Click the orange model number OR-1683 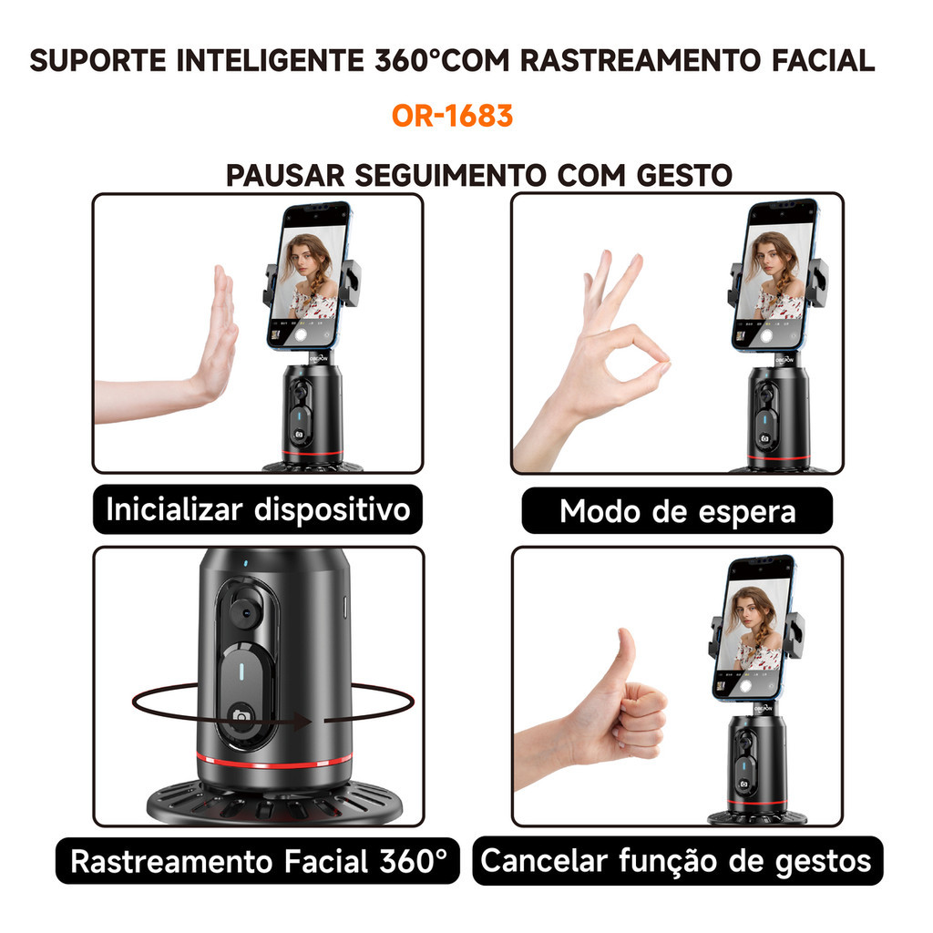[452, 116]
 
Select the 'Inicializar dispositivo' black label [258, 510]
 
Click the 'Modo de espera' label [677, 511]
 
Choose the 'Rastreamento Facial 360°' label [258, 861]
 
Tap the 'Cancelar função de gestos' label [677, 861]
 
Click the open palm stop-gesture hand [172, 357]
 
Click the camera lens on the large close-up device [243, 611]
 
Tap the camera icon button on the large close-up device [241, 714]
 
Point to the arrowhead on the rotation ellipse [302, 723]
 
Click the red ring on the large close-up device [274, 761]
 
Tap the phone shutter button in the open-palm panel [301, 334]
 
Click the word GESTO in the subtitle [684, 176]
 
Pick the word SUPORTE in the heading [97, 61]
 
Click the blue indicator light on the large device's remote [241, 672]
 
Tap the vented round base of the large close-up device [274, 800]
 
